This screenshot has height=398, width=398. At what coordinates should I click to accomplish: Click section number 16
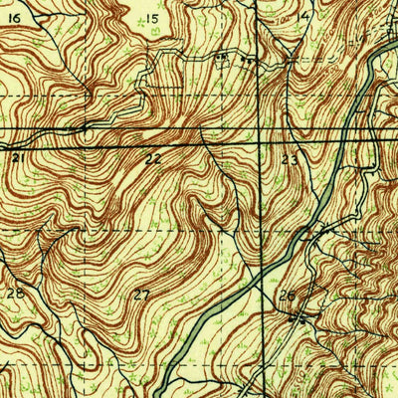point(15,17)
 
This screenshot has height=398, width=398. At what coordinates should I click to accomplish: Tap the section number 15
point(152,19)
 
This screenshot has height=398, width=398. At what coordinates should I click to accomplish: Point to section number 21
point(17,157)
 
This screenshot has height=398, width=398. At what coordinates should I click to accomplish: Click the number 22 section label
point(152,158)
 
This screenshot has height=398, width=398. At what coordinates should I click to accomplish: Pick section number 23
point(290,158)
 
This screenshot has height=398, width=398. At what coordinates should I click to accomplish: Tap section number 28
point(15,294)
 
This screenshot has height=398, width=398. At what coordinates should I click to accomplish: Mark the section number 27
point(142,295)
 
